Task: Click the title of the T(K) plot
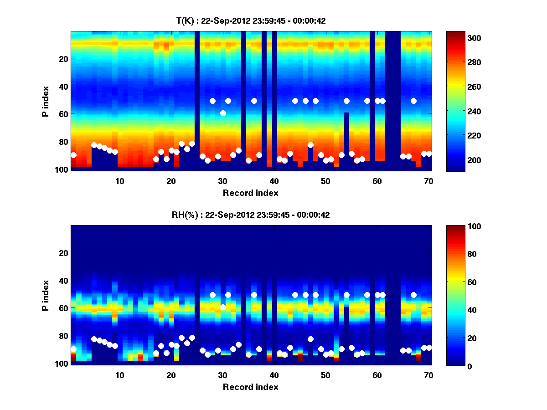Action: point(251,20)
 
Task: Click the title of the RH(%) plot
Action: point(251,215)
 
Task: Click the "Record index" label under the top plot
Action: point(251,193)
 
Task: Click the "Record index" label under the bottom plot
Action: point(251,387)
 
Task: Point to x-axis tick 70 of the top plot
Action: point(428,180)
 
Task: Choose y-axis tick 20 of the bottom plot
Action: point(63,253)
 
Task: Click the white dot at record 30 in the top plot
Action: point(223,113)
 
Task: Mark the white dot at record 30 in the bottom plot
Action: point(223,307)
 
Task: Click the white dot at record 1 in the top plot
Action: point(74,155)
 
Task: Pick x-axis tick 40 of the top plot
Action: point(274,180)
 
